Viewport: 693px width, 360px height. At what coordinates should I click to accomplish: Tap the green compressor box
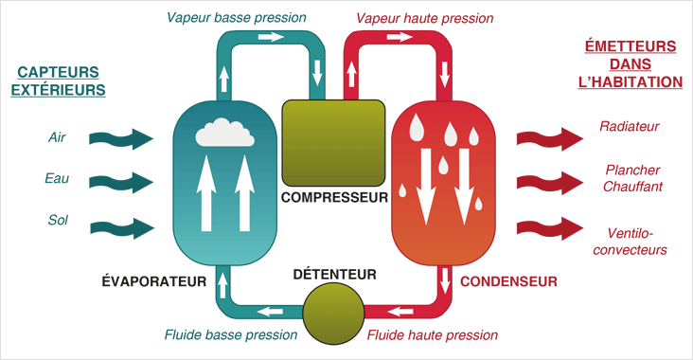(x=333, y=142)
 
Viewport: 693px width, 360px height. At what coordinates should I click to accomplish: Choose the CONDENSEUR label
(x=508, y=281)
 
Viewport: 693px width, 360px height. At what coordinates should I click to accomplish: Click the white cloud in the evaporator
(x=223, y=134)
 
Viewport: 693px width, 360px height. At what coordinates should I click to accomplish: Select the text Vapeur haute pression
(x=425, y=17)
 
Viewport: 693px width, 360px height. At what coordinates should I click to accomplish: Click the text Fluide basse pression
(x=231, y=334)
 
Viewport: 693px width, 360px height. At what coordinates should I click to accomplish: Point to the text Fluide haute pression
(x=432, y=334)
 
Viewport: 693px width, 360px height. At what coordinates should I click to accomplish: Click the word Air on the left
(x=58, y=137)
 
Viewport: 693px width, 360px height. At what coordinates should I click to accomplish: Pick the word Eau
(x=57, y=179)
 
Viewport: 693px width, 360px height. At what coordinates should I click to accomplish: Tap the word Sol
(x=58, y=221)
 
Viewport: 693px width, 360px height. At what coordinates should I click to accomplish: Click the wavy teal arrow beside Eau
(x=120, y=180)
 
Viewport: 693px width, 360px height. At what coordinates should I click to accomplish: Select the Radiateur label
(x=629, y=126)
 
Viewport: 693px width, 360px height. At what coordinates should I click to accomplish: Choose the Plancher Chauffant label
(x=631, y=178)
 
